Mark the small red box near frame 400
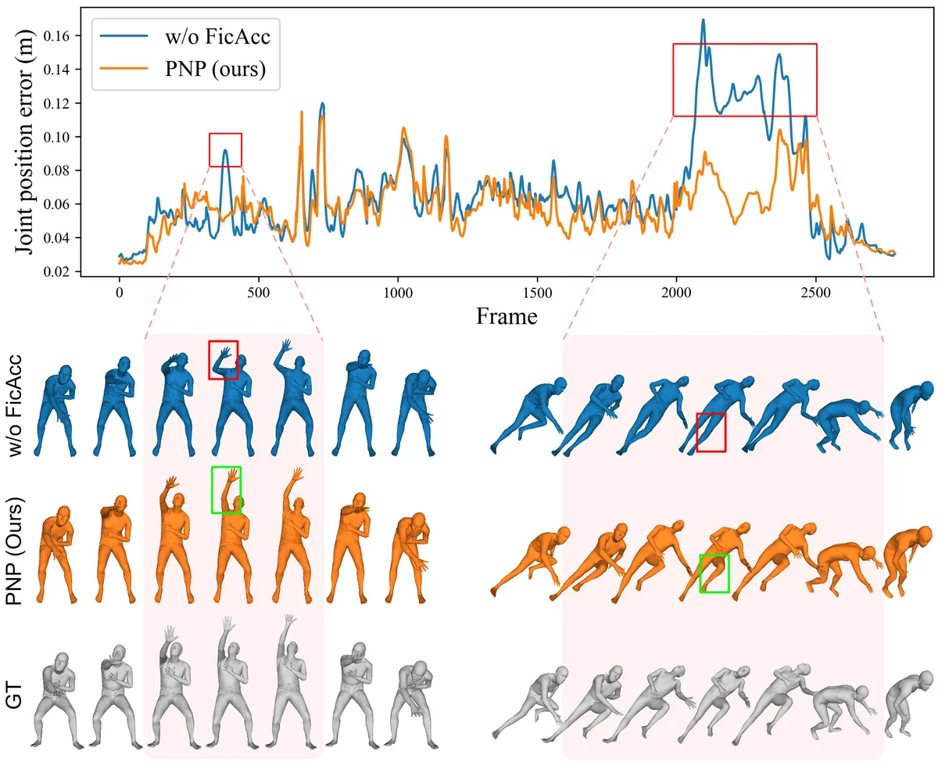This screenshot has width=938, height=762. tap(225, 149)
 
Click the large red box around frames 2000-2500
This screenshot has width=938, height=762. tap(745, 80)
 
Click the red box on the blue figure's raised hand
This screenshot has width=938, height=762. tap(223, 360)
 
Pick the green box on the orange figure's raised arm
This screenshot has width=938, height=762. tap(227, 490)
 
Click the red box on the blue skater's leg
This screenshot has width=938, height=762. tap(711, 432)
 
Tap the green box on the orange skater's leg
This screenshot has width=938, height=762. tap(714, 573)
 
